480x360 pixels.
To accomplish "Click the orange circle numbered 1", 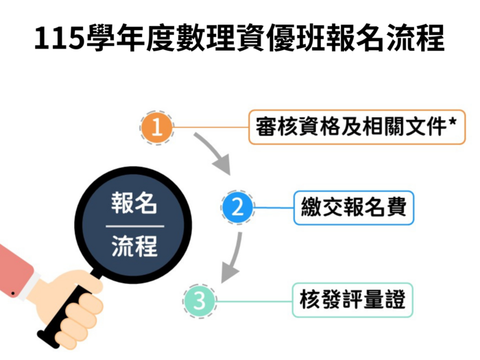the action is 157,128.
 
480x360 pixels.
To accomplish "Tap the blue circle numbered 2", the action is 237,208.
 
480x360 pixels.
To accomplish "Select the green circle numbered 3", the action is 200,301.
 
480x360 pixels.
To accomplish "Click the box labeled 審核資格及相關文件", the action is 357,127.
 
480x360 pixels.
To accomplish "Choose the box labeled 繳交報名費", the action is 354,208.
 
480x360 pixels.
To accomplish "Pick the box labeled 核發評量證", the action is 352,300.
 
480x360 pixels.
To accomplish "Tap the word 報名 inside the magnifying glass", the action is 134,203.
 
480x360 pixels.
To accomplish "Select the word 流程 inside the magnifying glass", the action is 134,245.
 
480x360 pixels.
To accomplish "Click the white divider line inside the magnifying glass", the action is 135,226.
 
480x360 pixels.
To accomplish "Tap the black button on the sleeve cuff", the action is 13,293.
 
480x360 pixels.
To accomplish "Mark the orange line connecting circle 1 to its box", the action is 211,127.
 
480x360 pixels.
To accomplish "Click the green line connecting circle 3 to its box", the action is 254,302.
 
